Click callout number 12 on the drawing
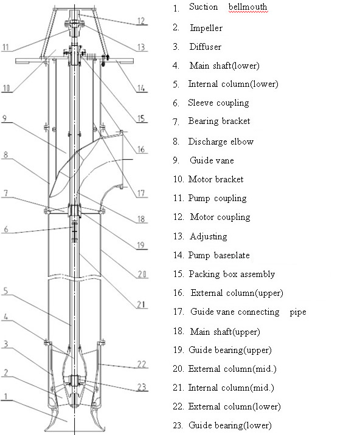tap(142, 21)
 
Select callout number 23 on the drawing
tap(141, 386)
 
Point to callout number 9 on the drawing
tap(5, 122)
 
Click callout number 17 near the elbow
tap(141, 194)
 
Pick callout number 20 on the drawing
tap(141, 275)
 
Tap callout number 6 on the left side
tap(5, 230)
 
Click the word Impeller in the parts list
tap(206, 27)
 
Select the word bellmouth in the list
tap(247, 8)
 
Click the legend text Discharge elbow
tap(221, 141)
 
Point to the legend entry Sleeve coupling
tap(218, 103)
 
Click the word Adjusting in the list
tap(209, 236)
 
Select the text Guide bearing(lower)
tap(230, 425)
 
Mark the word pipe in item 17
tap(298, 312)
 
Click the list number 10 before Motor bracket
tap(178, 179)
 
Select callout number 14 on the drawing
tap(142, 88)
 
